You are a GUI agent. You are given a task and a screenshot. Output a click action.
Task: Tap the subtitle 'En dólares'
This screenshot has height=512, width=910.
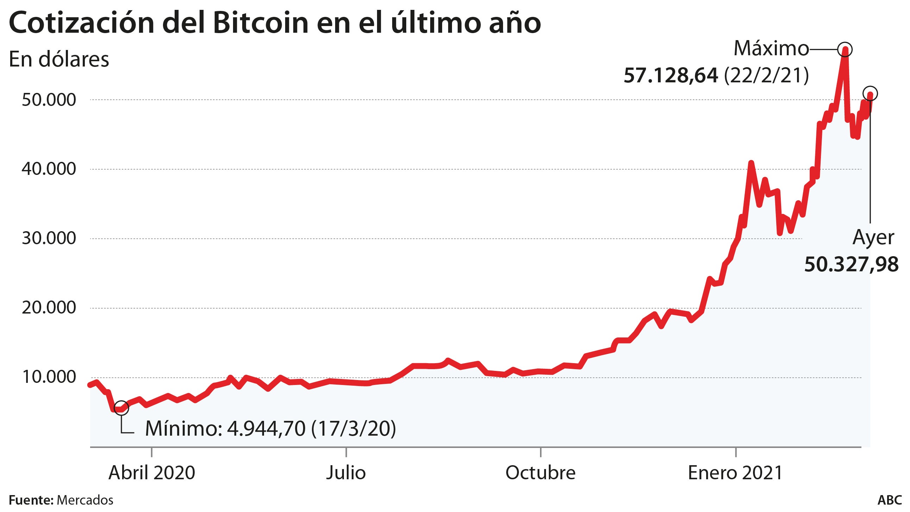pyautogui.click(x=59, y=59)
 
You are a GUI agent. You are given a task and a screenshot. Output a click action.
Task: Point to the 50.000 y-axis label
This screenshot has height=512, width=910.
pyautogui.click(x=49, y=100)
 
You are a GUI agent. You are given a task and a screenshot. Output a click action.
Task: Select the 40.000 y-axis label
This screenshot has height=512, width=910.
pyautogui.click(x=49, y=169)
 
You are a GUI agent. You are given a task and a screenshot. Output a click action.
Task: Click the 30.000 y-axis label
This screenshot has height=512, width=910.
pyautogui.click(x=49, y=239)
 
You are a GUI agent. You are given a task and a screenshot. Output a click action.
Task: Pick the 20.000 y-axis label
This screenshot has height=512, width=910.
pyautogui.click(x=49, y=308)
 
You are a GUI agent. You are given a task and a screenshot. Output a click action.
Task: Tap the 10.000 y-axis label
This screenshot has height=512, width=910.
pyautogui.click(x=49, y=378)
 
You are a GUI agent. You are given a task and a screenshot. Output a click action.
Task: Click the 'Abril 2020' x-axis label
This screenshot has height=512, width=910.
pyautogui.click(x=151, y=473)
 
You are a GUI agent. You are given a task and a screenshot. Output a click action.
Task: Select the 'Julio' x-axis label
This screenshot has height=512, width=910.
pyautogui.click(x=346, y=473)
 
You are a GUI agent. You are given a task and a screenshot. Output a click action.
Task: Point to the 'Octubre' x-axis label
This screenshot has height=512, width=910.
pyautogui.click(x=540, y=473)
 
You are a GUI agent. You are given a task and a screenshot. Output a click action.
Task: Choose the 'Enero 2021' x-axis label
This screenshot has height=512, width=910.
pyautogui.click(x=735, y=473)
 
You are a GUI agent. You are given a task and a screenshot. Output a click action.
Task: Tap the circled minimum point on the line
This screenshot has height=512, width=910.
pyautogui.click(x=121, y=408)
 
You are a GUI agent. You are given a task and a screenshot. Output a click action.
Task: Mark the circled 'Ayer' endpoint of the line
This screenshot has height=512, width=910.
pyautogui.click(x=870, y=94)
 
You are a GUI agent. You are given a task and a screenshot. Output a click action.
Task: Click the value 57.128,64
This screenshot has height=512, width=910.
pyautogui.click(x=671, y=76)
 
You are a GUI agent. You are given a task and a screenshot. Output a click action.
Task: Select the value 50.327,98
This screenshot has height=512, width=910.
pyautogui.click(x=851, y=265)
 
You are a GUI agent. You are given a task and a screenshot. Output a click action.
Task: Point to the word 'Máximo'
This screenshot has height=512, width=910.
pyautogui.click(x=771, y=48)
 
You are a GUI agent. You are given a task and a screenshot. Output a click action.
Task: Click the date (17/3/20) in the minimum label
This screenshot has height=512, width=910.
pyautogui.click(x=353, y=429)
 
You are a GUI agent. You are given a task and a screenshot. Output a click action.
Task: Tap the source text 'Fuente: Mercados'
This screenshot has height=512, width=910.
pyautogui.click(x=61, y=500)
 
